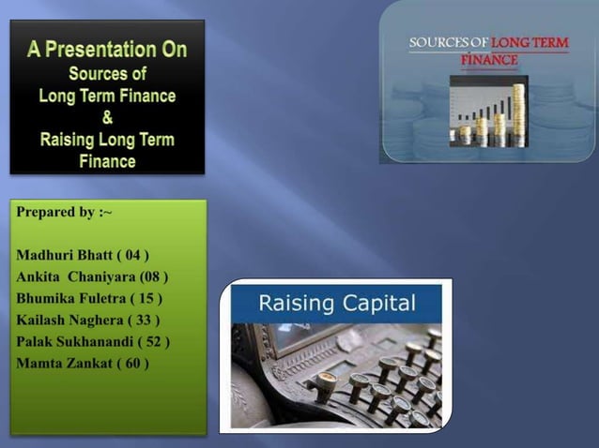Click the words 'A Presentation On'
click(x=107, y=50)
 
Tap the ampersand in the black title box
click(x=107, y=118)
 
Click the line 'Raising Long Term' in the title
click(x=107, y=140)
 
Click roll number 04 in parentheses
click(x=132, y=255)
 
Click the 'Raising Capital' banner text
click(x=336, y=304)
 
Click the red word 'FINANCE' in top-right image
click(x=489, y=59)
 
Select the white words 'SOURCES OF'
click(x=449, y=43)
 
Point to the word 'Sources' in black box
click(x=107, y=73)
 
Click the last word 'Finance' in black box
click(x=107, y=161)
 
